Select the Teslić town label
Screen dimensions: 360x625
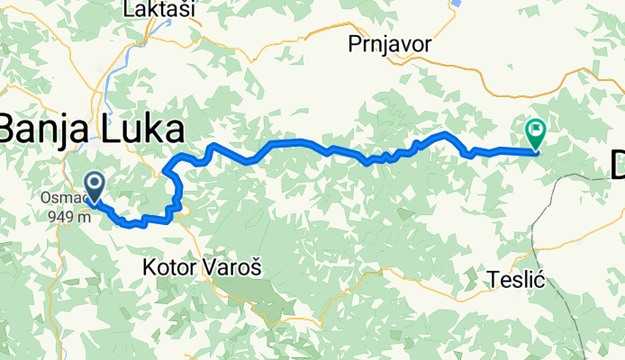pos(515,279)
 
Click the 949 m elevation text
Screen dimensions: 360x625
pos(75,216)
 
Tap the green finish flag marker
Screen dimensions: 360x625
pos(537,133)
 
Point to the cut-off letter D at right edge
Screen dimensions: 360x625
pos(617,166)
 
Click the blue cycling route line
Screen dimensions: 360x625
pos(288,143)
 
